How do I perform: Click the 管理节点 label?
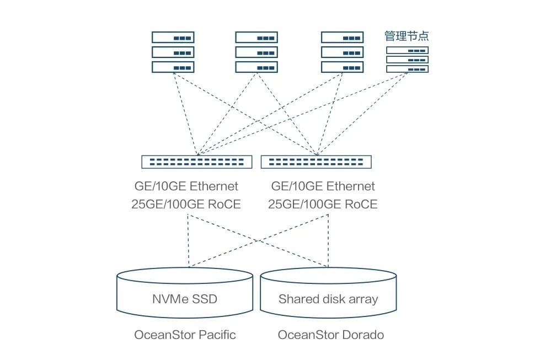[407, 36]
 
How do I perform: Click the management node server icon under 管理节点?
[407, 60]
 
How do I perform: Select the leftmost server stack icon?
[173, 52]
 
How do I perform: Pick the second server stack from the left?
[256, 52]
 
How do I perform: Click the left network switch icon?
[197, 162]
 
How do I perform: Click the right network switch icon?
[316, 162]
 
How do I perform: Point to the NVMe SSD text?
[184, 299]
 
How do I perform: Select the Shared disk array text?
[328, 299]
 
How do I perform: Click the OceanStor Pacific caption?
[185, 335]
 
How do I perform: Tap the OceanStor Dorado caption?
[331, 335]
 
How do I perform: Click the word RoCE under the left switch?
[224, 204]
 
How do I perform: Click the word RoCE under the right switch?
[361, 204]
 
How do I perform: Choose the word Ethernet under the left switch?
[213, 186]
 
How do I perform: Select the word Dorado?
[363, 335]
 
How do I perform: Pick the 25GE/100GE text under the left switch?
[167, 204]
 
